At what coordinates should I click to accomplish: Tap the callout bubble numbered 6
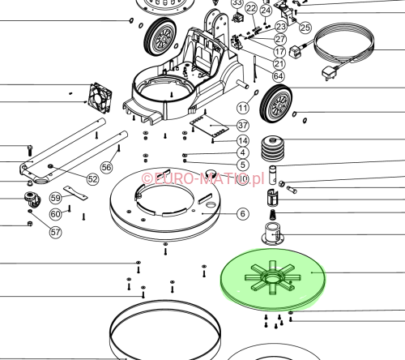242,214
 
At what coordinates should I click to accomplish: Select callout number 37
243,125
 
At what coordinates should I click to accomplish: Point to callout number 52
93,179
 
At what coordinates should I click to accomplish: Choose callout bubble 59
56,198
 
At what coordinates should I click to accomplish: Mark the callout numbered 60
55,214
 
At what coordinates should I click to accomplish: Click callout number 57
55,232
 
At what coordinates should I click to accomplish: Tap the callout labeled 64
279,76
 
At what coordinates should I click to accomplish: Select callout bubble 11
243,108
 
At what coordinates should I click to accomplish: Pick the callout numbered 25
305,28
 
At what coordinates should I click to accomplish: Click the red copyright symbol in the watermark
147,178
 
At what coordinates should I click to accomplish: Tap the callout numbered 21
279,63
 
